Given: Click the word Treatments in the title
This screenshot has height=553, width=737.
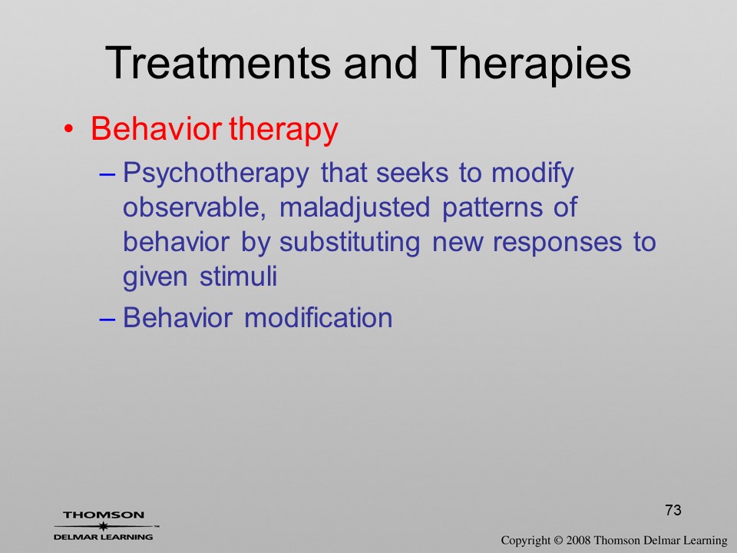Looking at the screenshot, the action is click(x=219, y=63).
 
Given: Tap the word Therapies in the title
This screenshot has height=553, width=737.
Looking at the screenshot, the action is click(x=530, y=64).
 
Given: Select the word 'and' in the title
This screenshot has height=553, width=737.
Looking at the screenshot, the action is click(x=380, y=63).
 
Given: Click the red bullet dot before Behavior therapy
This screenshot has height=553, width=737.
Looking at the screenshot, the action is click(x=68, y=129).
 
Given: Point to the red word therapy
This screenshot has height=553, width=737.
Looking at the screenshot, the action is click(x=283, y=130).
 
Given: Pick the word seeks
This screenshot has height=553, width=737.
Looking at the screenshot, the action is click(x=412, y=172).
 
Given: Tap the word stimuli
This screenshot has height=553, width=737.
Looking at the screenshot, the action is click(x=238, y=276).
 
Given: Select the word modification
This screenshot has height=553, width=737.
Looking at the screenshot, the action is click(x=318, y=317).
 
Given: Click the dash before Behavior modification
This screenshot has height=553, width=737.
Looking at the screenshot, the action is click(x=107, y=319).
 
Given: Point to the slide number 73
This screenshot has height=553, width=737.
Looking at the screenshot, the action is click(x=673, y=510).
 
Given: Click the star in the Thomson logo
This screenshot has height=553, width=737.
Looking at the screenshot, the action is click(x=103, y=526).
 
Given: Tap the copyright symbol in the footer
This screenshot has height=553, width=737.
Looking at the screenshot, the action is click(x=558, y=541).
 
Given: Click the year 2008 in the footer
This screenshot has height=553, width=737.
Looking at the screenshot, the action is click(x=577, y=541).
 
